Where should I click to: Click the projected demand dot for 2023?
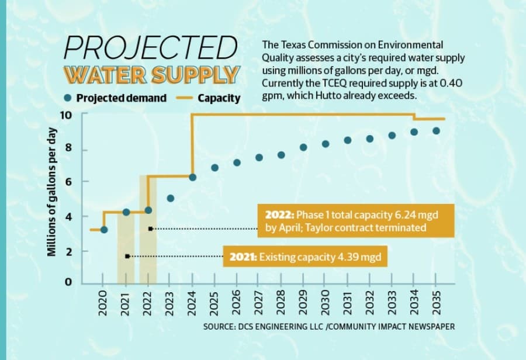[x=171, y=198]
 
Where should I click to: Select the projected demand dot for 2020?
[x=104, y=230]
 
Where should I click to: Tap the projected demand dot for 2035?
[x=436, y=131]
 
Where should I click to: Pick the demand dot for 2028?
[x=282, y=155]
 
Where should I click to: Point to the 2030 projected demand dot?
[x=326, y=144]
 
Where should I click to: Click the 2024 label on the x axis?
[x=192, y=303]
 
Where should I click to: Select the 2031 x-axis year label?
[x=347, y=303]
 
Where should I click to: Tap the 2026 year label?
[x=236, y=303]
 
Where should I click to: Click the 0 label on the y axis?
[x=68, y=282]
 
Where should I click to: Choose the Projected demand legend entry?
[x=116, y=98]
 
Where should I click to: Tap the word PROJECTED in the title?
[x=151, y=47]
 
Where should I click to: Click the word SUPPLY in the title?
[x=195, y=74]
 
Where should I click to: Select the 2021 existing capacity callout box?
[x=305, y=257]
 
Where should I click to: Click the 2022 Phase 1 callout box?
[x=356, y=221]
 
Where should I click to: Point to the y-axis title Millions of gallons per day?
[x=51, y=192]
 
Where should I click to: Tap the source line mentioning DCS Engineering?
[x=329, y=327]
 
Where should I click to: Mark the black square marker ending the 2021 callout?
[x=127, y=257]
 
